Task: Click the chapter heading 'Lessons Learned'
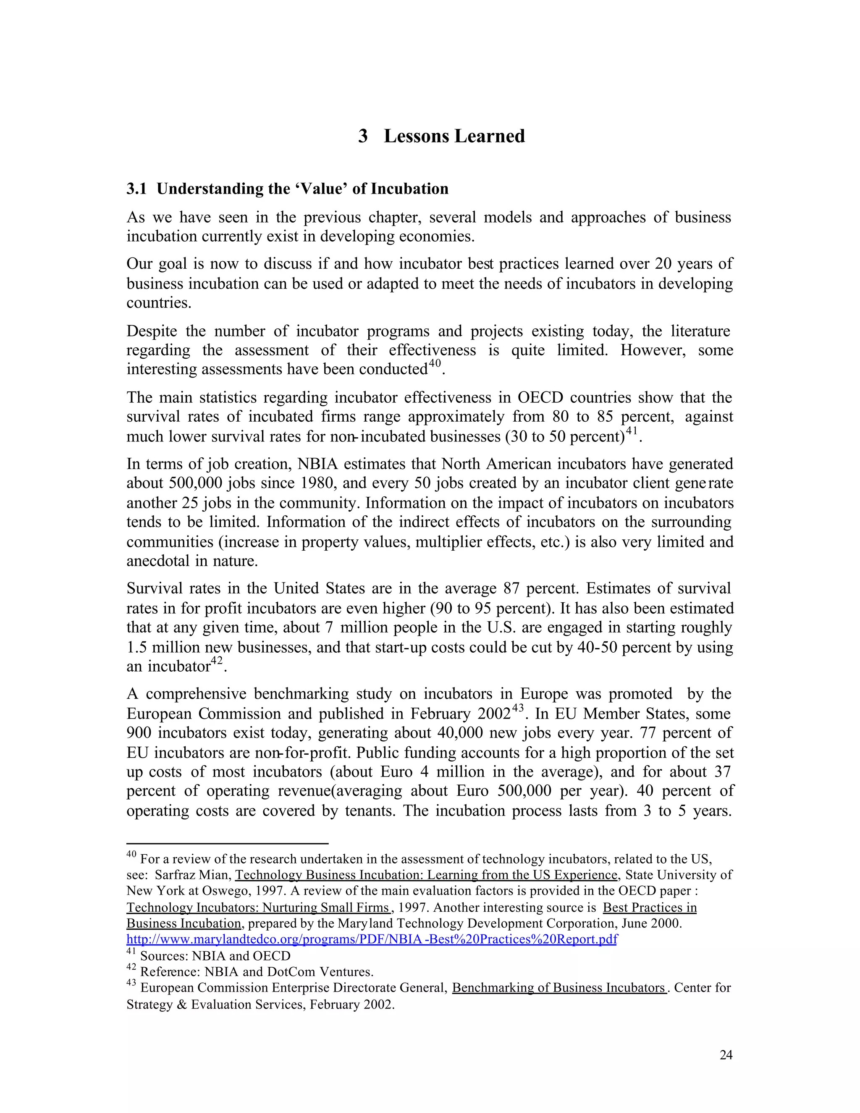click(x=454, y=136)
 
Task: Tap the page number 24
click(x=726, y=1055)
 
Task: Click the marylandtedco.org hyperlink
click(x=371, y=939)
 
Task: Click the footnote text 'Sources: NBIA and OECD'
click(x=215, y=956)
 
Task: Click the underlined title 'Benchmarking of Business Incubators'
click(x=558, y=988)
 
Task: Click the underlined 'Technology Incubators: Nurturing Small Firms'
click(x=258, y=908)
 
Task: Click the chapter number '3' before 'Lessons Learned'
click(x=363, y=136)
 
